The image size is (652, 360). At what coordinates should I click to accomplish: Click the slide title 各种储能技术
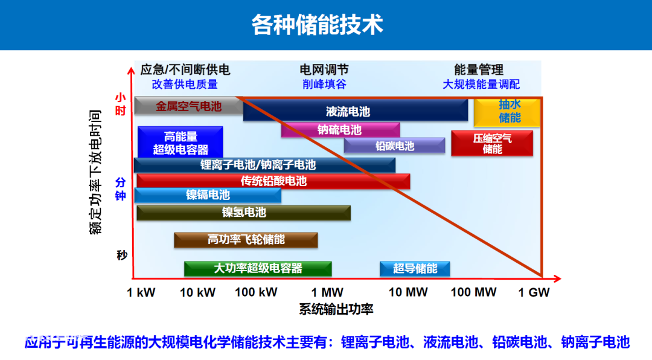pos(318,25)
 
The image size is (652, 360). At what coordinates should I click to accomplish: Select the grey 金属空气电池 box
pos(188,106)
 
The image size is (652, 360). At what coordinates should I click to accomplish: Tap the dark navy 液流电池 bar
pos(356,111)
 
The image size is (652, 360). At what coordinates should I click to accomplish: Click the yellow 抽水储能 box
pos(507,112)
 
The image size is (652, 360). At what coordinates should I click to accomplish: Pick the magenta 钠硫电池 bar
pos(340,130)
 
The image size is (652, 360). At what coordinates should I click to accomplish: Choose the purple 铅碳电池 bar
pos(394,146)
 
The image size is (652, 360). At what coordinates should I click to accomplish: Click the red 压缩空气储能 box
pos(492,144)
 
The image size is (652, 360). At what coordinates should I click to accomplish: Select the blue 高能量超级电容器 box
pos(181,143)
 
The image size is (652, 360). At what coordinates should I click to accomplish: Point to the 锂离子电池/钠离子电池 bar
pos(264,166)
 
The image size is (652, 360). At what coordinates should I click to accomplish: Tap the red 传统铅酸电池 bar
pos(273,181)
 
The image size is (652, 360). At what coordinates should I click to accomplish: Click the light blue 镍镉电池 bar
pos(208,195)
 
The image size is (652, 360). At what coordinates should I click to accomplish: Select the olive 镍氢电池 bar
pos(244,213)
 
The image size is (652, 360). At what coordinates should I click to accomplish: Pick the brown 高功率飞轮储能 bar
pos(246,240)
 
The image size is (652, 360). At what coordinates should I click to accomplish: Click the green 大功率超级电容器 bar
pos(258,268)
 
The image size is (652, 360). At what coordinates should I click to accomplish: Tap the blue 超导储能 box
pos(415,268)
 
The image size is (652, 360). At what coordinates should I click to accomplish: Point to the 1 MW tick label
pos(327,292)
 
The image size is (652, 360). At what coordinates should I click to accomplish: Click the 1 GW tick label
pos(534,292)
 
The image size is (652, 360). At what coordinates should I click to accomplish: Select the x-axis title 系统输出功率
pos(336,309)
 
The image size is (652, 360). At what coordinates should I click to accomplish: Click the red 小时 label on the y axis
pos(120,104)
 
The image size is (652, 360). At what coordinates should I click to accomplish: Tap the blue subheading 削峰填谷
pos(324,84)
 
